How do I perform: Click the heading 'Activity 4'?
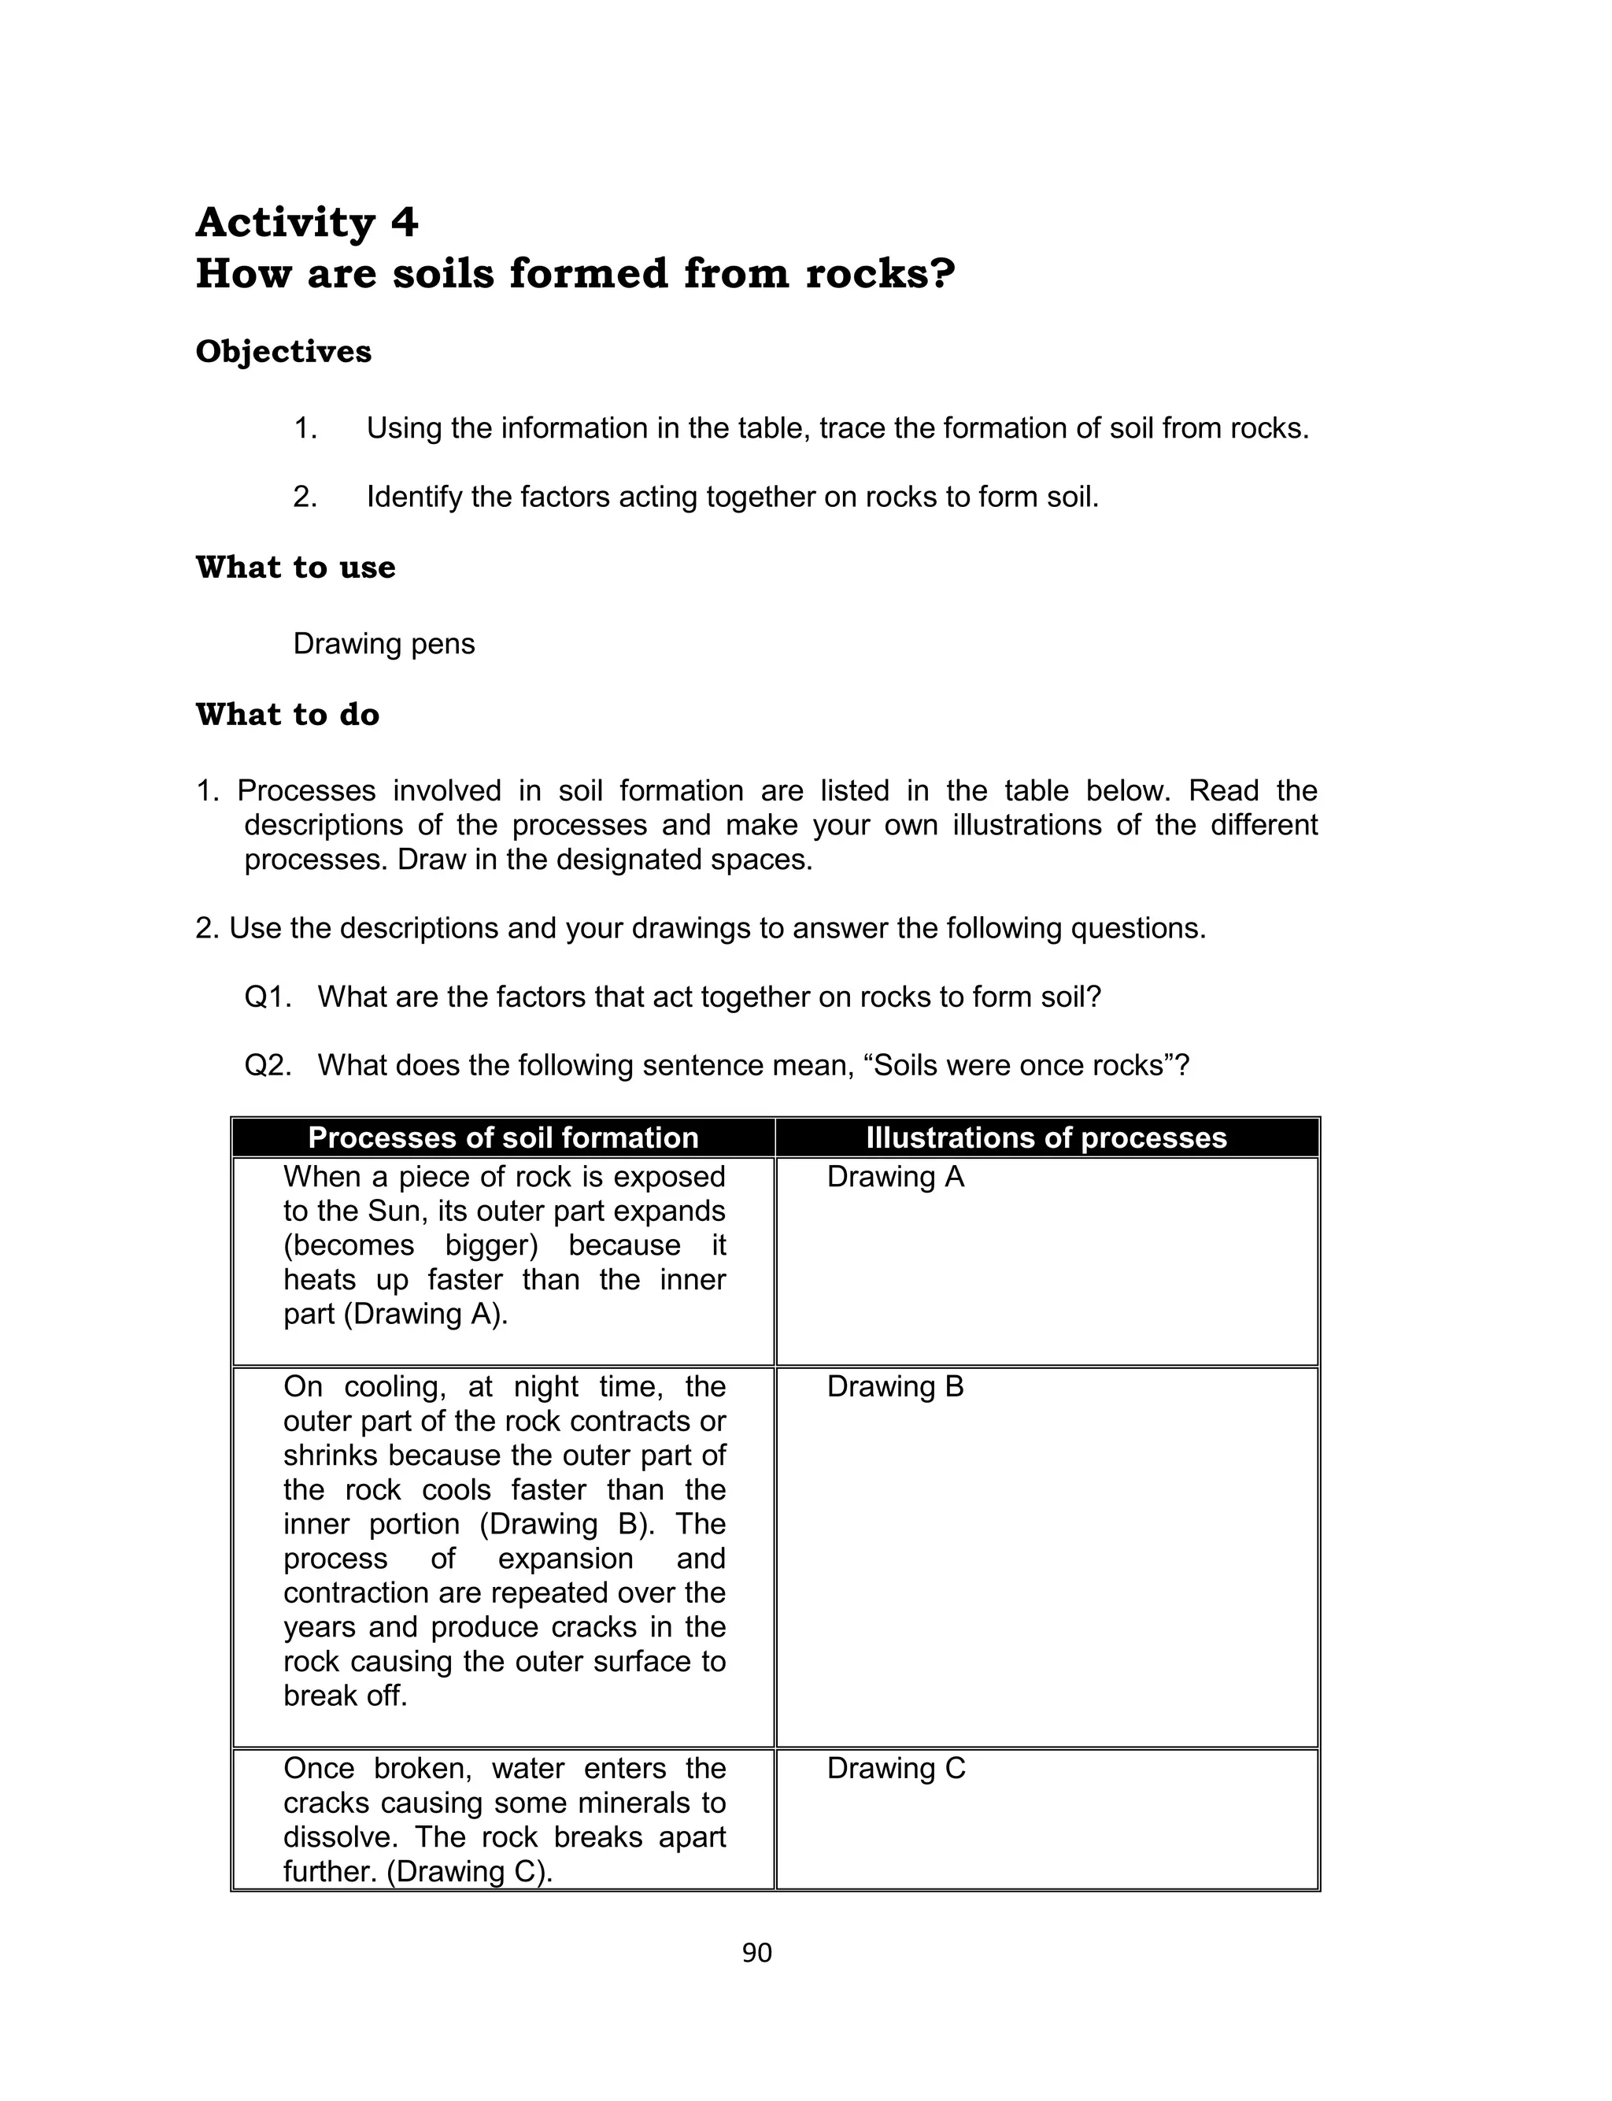click(x=307, y=223)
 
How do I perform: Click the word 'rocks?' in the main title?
click(x=880, y=273)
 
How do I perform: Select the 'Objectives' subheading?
click(x=283, y=351)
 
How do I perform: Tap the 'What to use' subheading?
click(x=295, y=567)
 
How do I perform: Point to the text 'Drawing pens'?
click(x=384, y=644)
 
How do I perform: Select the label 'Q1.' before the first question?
click(x=268, y=997)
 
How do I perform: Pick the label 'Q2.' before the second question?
click(x=268, y=1066)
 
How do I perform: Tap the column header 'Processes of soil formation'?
click(x=503, y=1137)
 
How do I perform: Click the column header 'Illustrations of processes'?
click(x=1046, y=1137)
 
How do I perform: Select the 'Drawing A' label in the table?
click(x=894, y=1177)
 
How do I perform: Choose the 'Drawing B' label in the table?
click(x=894, y=1387)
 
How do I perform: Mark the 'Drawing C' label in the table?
click(x=895, y=1769)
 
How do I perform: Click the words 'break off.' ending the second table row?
click(x=346, y=1696)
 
